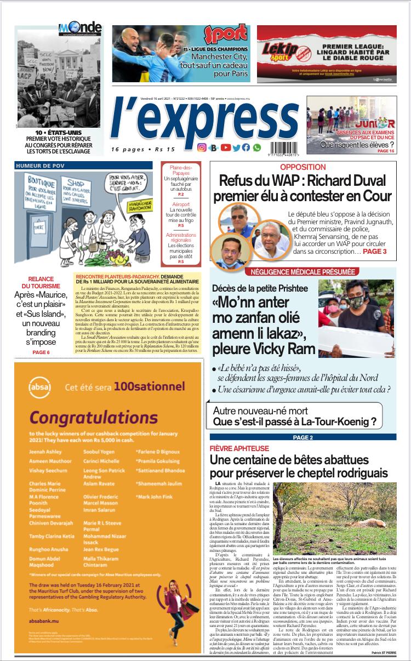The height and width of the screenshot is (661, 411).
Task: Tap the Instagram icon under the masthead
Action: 202,147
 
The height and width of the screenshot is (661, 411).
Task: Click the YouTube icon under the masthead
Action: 226,147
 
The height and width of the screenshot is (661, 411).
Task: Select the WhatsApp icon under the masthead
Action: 257,147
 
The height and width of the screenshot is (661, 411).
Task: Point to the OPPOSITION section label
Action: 302,167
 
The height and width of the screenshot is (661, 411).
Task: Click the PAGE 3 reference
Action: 374,251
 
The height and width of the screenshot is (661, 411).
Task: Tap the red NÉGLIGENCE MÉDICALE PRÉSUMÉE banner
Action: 303,272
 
